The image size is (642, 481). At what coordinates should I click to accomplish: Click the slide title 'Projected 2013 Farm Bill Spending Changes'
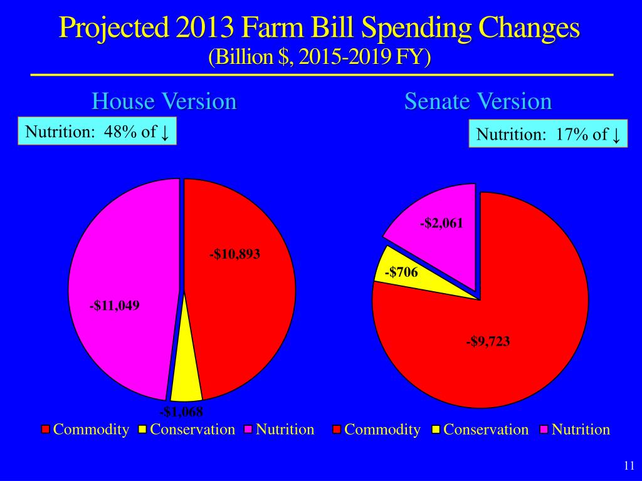click(x=320, y=29)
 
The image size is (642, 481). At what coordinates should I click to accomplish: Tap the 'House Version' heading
click(x=164, y=101)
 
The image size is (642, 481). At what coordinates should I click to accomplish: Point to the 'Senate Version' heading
click(x=478, y=101)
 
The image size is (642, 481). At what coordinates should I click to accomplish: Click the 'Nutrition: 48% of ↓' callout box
click(x=97, y=132)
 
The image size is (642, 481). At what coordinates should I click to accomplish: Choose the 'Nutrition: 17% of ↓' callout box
click(x=548, y=134)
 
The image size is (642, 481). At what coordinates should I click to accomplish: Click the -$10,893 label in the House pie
click(x=234, y=254)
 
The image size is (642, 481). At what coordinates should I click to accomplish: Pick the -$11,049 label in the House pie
click(x=114, y=306)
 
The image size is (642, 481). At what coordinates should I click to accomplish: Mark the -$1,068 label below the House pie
click(x=182, y=411)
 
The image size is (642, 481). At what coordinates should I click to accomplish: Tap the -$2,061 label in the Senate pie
click(x=442, y=224)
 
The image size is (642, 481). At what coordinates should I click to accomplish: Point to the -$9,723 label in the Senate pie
click(x=488, y=341)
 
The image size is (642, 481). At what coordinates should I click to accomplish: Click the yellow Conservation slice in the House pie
click(x=186, y=382)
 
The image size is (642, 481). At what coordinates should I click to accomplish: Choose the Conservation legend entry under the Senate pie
click(x=480, y=430)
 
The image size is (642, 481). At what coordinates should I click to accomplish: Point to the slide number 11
click(x=629, y=465)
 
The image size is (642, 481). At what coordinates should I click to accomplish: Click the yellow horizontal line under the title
click(x=321, y=75)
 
